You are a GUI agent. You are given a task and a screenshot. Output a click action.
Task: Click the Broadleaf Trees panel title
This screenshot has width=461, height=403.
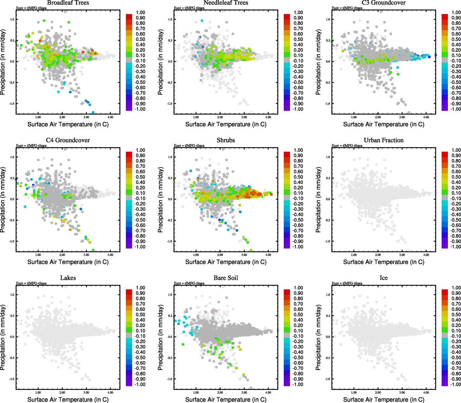(x=68, y=3)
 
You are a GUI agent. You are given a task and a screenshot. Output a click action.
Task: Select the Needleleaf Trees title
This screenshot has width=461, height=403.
(x=226, y=3)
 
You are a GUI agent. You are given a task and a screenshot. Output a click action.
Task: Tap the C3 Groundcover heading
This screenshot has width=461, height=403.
(x=383, y=3)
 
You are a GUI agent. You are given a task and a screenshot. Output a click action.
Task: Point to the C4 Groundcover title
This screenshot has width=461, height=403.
(x=68, y=140)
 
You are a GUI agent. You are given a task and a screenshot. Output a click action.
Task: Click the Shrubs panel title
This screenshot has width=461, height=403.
(x=226, y=140)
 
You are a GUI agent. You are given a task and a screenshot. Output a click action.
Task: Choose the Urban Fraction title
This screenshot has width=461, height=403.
(x=383, y=140)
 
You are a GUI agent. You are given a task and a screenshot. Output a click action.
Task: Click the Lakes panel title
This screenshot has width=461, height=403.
(x=68, y=278)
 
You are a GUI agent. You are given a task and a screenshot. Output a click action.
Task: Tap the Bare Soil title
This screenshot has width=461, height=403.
(x=226, y=278)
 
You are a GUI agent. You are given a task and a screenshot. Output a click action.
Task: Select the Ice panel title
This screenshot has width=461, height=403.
(x=383, y=278)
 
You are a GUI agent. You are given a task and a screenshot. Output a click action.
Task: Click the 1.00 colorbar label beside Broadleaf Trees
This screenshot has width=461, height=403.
(x=140, y=12)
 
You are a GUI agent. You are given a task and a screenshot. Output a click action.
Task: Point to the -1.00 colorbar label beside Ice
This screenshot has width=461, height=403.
(x=456, y=384)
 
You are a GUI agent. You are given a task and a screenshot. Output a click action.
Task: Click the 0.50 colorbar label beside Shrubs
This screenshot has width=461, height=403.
(x=298, y=177)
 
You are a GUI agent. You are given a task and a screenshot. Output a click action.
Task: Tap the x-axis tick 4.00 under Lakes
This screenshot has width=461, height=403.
(x=110, y=392)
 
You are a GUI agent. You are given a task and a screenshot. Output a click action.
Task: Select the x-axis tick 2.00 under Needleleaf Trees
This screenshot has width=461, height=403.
(x=220, y=117)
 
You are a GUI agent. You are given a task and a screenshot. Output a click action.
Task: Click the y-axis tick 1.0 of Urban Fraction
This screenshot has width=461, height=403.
(x=328, y=157)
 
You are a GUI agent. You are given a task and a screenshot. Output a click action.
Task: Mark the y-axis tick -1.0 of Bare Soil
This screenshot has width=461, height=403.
(x=170, y=379)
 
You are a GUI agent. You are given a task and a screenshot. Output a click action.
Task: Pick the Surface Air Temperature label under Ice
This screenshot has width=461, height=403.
(x=383, y=400)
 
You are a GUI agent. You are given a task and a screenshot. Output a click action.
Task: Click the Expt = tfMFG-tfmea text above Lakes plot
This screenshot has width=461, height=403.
(x=31, y=283)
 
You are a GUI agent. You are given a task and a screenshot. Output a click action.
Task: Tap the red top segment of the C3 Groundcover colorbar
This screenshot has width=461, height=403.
(x=445, y=16)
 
